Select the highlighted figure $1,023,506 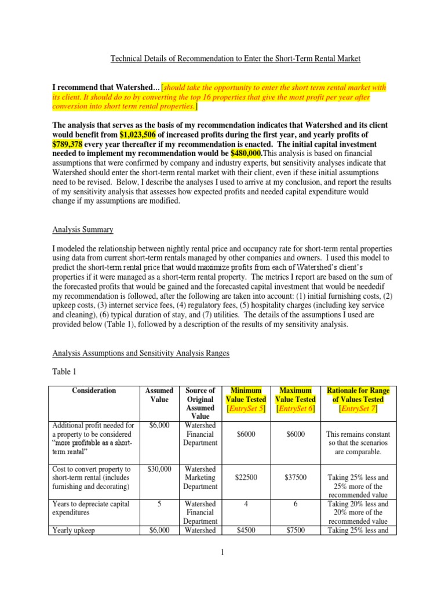(x=139, y=135)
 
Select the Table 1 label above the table (x=65, y=372)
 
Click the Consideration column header (x=94, y=390)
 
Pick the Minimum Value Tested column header (x=246, y=395)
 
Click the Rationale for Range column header (x=358, y=395)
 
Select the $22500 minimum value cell (x=246, y=477)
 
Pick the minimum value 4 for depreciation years (x=246, y=504)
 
